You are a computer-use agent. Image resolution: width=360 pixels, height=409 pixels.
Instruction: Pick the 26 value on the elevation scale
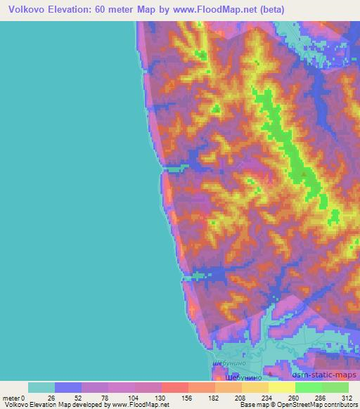point(51,397)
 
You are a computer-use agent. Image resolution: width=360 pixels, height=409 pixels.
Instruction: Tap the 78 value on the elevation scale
point(106,397)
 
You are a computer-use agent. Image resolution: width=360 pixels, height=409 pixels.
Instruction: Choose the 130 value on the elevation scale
point(160,397)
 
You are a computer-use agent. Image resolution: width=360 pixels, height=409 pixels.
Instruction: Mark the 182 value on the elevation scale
point(214,397)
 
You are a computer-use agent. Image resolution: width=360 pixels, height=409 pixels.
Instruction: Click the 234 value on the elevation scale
point(267,397)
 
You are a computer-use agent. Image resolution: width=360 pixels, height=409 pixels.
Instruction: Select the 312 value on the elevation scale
point(347,397)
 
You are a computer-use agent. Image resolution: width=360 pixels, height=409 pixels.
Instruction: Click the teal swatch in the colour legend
point(41,387)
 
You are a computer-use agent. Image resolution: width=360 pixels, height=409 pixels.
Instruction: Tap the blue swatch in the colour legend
point(68,387)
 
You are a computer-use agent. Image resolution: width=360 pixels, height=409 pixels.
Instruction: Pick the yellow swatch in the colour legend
point(282,387)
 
